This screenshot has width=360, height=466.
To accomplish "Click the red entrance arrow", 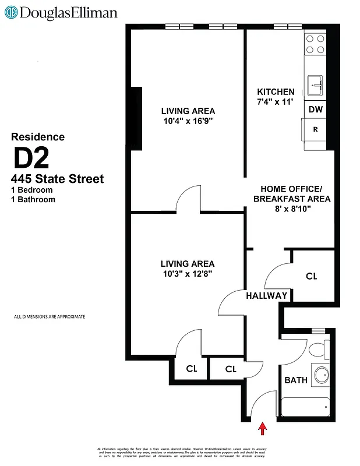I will click(x=263, y=429).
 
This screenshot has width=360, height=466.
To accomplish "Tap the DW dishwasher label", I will click(x=315, y=110).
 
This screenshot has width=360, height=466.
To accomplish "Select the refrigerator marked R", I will click(x=315, y=130).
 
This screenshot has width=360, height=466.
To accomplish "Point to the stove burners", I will click(x=315, y=44).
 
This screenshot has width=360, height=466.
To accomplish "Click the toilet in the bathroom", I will click(x=318, y=349).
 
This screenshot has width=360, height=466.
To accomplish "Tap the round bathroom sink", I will click(x=321, y=375).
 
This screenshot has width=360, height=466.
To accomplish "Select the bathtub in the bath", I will click(x=305, y=406).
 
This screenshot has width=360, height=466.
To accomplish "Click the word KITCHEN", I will click(x=276, y=92).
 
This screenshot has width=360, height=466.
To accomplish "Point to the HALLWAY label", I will click(x=267, y=295).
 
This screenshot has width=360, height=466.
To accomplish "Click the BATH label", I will click(x=296, y=380).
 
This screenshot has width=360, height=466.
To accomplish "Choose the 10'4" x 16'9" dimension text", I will click(x=188, y=122).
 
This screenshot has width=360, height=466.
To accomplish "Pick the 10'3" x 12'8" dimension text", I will click(x=188, y=275).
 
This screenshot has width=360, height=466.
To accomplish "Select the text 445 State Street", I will click(x=57, y=179).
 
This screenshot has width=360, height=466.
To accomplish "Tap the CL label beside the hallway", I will click(x=312, y=276).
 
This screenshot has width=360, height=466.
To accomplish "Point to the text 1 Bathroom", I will click(x=33, y=200).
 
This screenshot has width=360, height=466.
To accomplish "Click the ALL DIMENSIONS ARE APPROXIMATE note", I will click(x=50, y=317).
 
